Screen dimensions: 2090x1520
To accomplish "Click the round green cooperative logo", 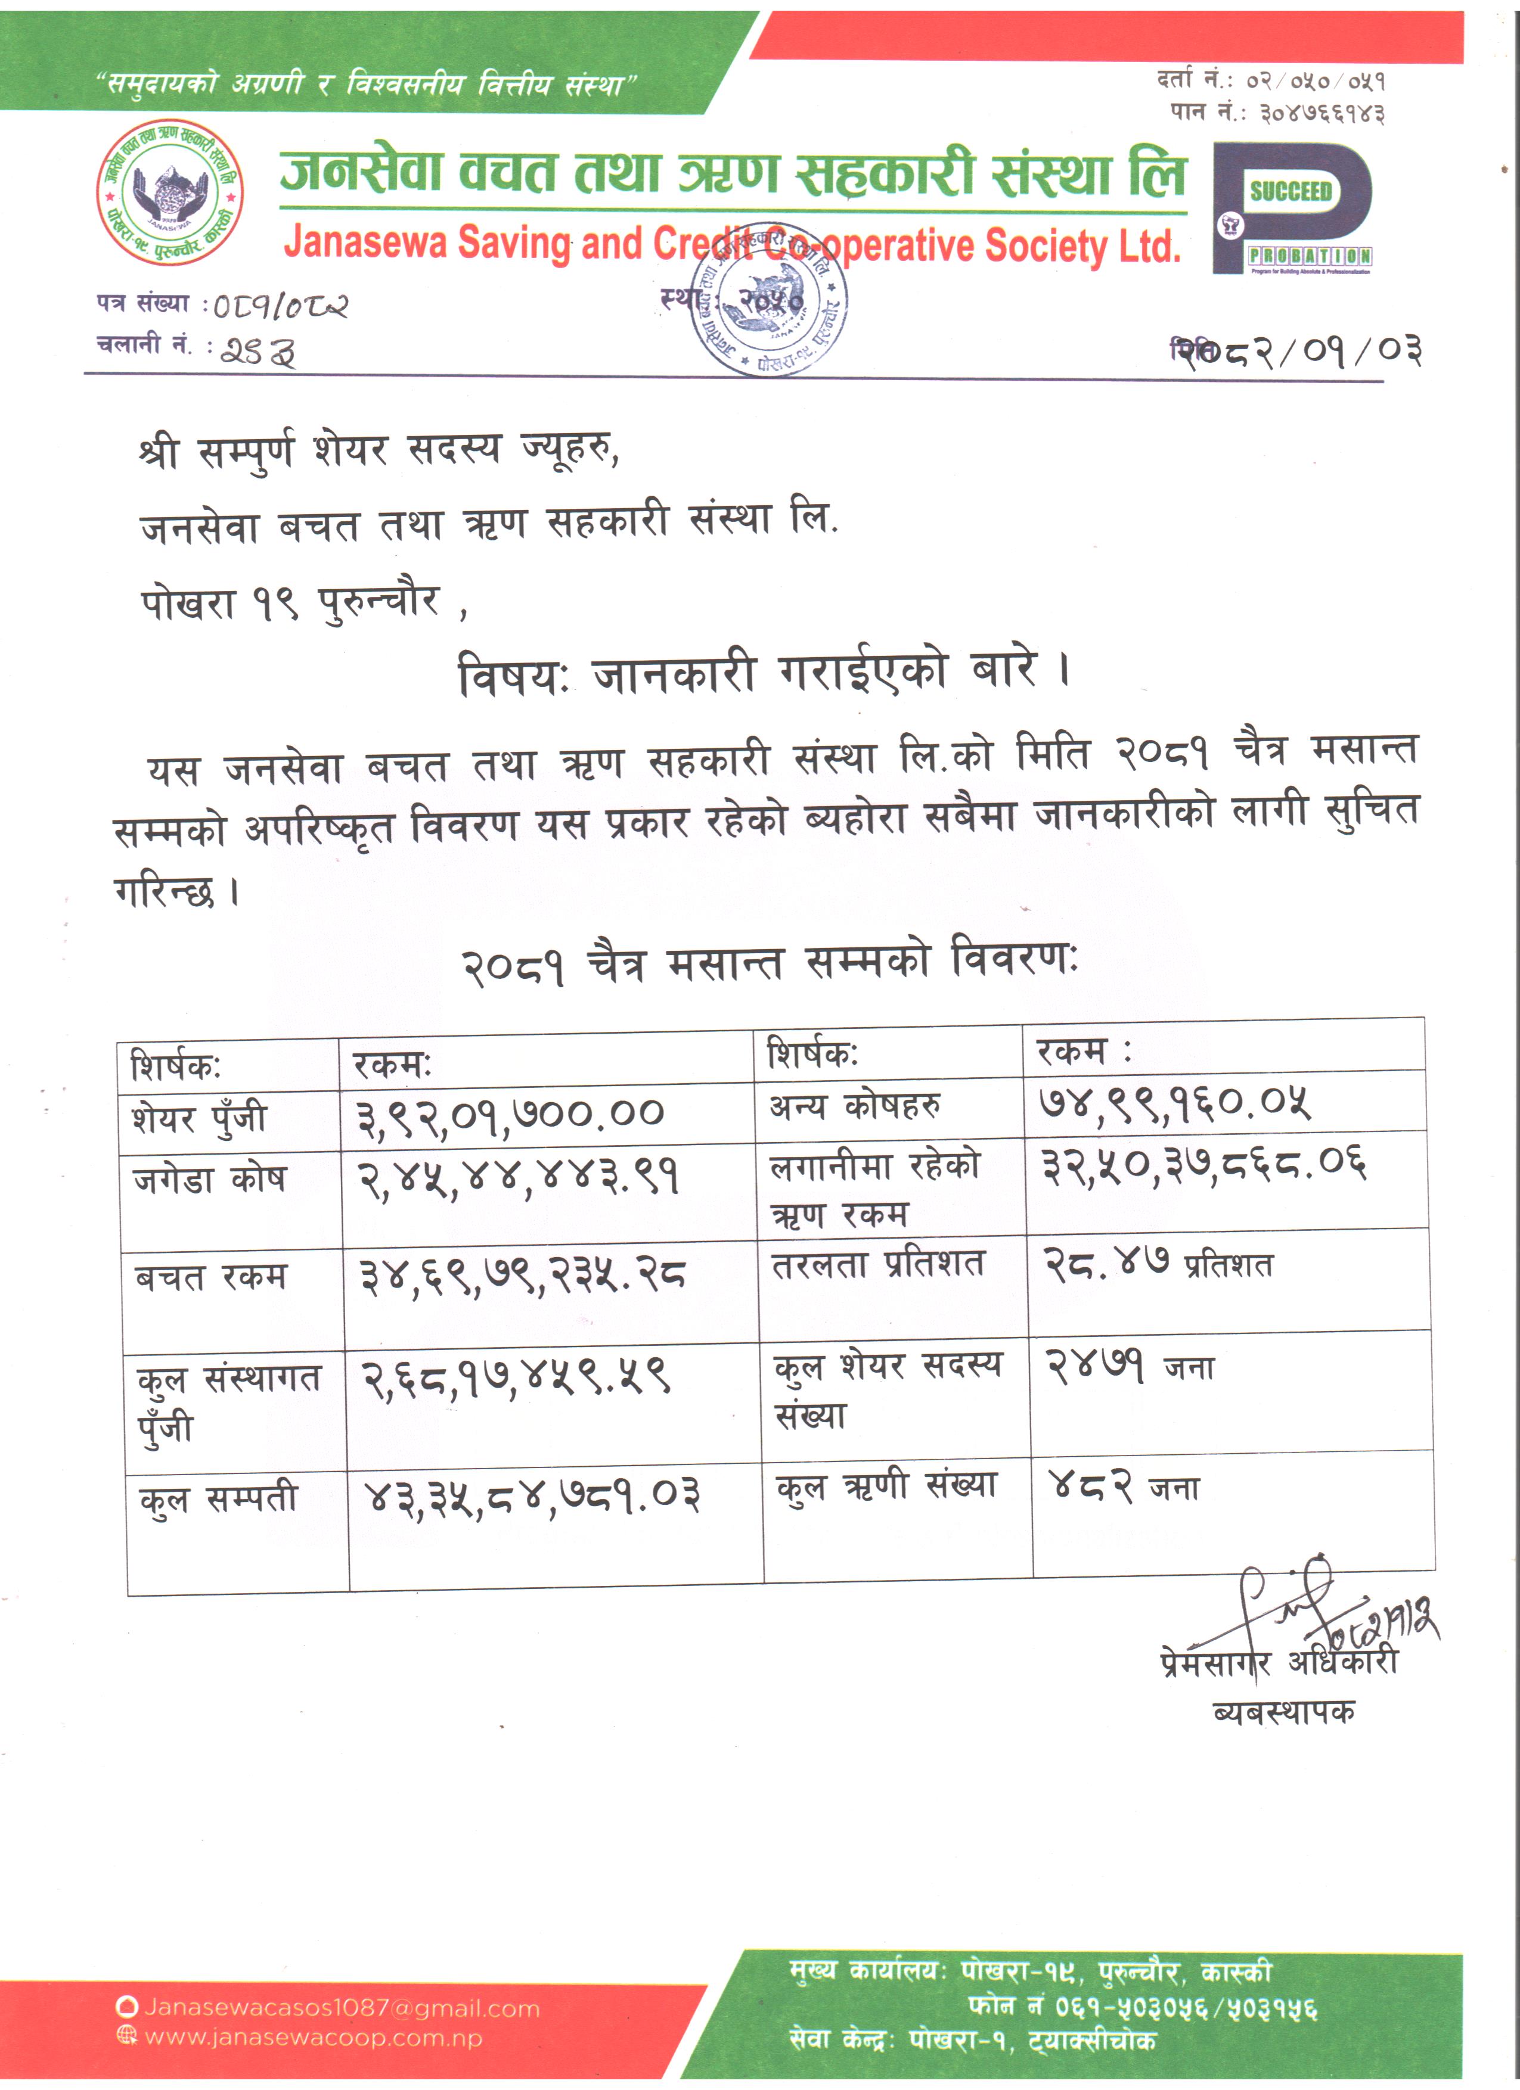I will click(x=170, y=192).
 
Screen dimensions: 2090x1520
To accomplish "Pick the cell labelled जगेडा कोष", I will click(x=210, y=1180).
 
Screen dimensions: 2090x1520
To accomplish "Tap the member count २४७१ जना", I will click(x=1129, y=1366).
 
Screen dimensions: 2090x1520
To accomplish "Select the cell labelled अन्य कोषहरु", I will click(x=855, y=1105).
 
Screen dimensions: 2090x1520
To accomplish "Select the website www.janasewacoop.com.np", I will click(x=314, y=2038).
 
